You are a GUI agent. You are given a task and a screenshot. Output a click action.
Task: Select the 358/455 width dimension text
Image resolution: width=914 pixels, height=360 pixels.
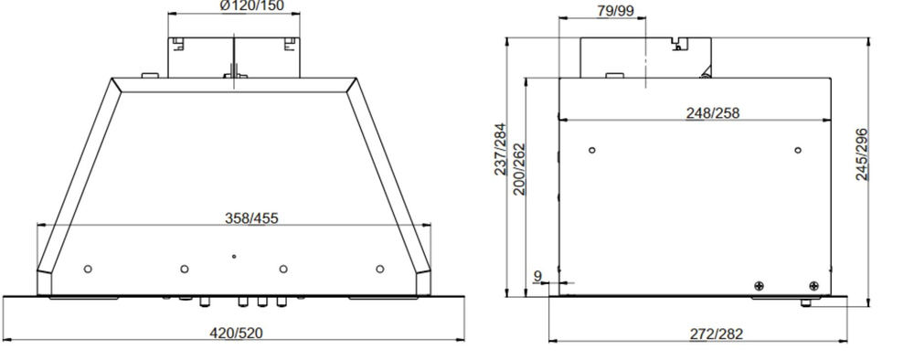pos(252,217)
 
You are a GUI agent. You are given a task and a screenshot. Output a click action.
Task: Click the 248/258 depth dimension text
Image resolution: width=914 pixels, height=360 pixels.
pos(713,112)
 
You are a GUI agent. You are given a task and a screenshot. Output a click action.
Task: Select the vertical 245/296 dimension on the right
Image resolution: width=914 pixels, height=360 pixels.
pos(861,155)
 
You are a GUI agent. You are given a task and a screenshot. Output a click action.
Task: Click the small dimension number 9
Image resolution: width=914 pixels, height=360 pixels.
pos(538,275)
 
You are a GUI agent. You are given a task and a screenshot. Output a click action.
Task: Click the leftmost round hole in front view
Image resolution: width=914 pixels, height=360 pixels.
pos(88,269)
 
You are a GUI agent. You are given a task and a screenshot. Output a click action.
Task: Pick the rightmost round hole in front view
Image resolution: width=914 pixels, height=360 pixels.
pos(380,269)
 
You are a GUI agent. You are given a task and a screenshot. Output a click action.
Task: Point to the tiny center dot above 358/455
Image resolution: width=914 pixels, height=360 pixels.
pos(234,257)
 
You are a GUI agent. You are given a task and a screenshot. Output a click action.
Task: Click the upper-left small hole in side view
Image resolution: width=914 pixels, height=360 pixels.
pos(592,150)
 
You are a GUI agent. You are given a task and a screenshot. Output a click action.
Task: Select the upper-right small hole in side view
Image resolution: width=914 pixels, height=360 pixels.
pos(798,150)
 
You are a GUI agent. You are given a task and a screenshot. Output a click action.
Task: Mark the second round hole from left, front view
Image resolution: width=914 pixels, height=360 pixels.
pos(185,269)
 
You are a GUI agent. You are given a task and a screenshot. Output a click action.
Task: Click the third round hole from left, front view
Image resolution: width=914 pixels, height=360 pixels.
pos(283,269)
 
